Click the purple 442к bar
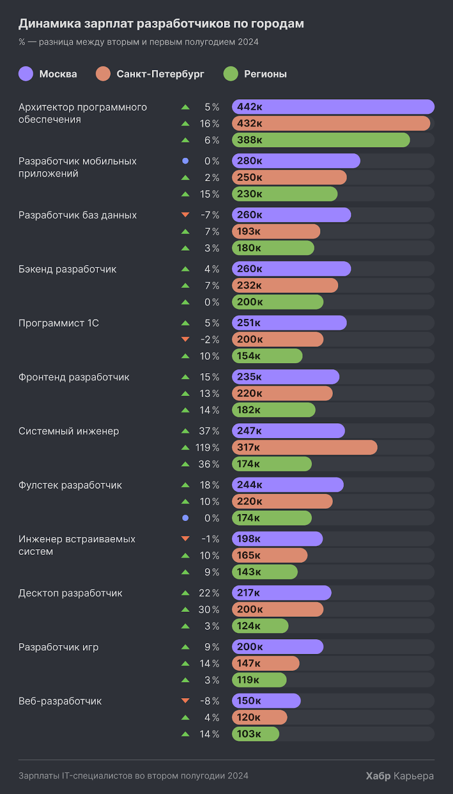click(333, 107)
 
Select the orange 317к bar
click(304, 448)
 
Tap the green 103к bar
click(255, 734)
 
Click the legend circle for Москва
click(26, 74)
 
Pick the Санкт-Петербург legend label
click(160, 74)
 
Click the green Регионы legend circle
click(231, 74)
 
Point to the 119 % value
click(207, 448)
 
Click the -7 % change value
click(210, 215)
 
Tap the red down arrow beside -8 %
click(185, 701)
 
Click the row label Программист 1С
click(59, 323)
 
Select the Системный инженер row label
click(69, 431)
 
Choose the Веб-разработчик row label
click(60, 701)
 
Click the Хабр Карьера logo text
click(399, 776)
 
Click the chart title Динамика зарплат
click(161, 23)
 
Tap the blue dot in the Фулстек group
click(185, 518)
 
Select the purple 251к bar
click(289, 323)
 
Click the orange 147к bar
click(265, 663)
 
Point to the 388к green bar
click(320, 140)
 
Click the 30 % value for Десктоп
click(209, 609)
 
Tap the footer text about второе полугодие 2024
click(133, 776)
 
